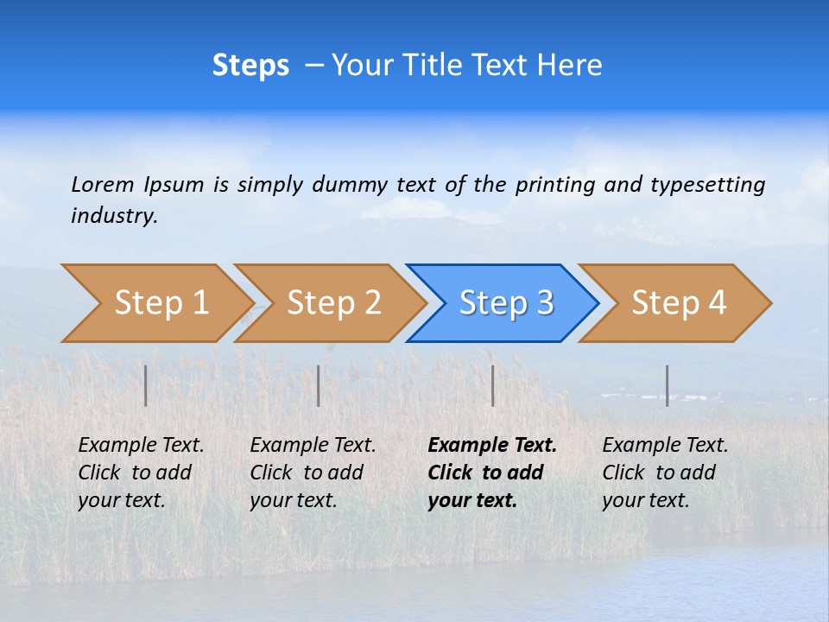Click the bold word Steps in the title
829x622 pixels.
tap(250, 66)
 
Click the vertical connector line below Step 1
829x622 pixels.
tap(146, 385)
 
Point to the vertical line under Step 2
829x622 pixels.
tap(319, 385)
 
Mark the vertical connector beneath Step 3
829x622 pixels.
tap(492, 385)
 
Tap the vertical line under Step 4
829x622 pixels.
tap(668, 385)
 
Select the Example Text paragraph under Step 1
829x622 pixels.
tap(140, 473)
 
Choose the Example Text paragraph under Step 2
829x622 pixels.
tap(312, 473)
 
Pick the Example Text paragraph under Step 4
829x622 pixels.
tap(664, 473)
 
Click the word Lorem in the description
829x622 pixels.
tap(103, 184)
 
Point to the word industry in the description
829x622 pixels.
tap(114, 216)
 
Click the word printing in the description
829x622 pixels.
tap(555, 185)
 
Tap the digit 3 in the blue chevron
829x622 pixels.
tap(545, 303)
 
